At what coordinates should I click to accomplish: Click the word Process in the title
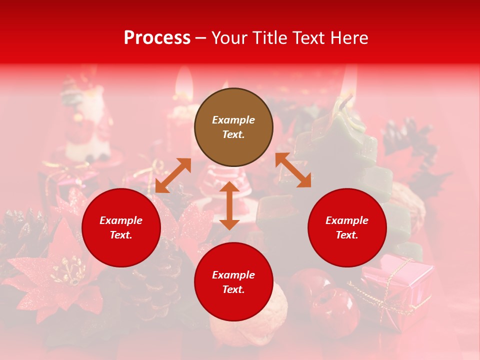tap(157, 38)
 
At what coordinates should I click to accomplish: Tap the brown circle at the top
tap(233, 127)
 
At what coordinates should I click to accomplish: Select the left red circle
tap(121, 227)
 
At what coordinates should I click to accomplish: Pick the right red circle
tap(347, 227)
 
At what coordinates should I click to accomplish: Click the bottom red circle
tap(233, 282)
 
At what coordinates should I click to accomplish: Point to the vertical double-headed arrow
tap(229, 205)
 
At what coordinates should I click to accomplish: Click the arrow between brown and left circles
tap(173, 175)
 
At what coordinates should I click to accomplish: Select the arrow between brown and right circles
tap(293, 170)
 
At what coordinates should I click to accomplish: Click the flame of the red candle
tap(183, 83)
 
